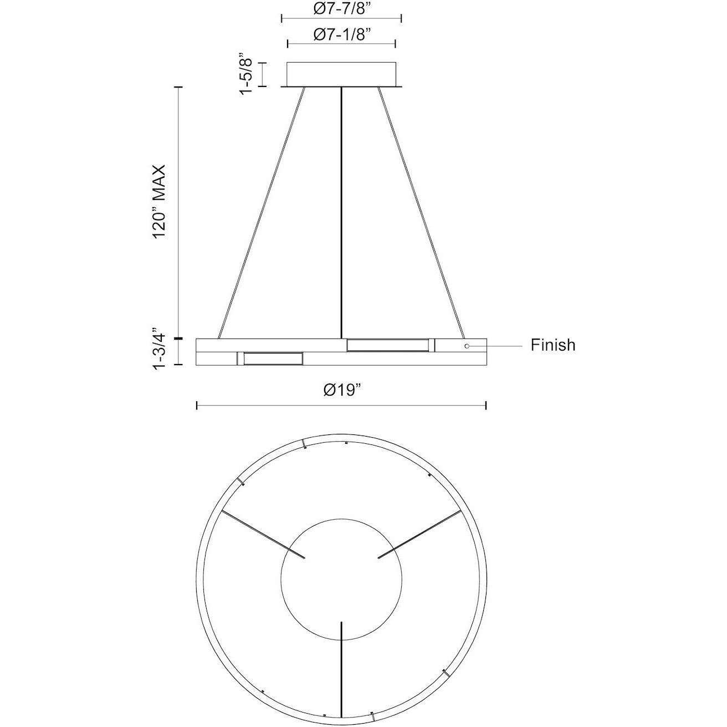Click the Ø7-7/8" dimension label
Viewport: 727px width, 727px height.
[341, 8]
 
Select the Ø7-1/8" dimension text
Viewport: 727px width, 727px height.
[341, 34]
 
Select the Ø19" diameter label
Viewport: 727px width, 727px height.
[342, 390]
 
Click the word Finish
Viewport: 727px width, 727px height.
[552, 345]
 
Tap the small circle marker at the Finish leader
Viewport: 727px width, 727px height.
[467, 346]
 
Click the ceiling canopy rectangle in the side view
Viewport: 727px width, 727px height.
[341, 74]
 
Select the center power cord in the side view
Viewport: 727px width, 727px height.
[341, 211]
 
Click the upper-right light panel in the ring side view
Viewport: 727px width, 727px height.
[387, 345]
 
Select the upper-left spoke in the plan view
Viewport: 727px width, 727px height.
[263, 534]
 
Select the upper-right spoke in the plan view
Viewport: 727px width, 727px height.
[419, 534]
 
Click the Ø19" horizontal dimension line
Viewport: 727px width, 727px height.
[341, 406]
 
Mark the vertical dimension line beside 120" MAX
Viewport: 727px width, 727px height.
[178, 211]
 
